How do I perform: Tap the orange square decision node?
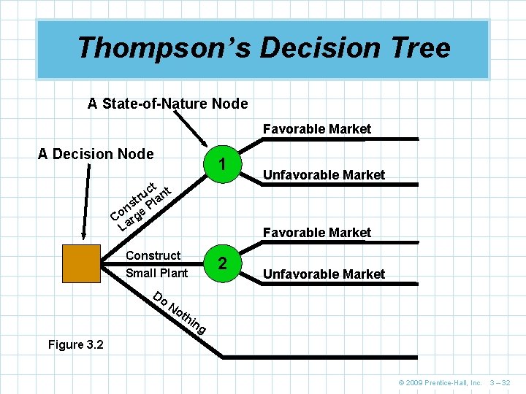[81, 263]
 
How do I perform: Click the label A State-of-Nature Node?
[167, 104]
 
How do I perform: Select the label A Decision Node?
[96, 154]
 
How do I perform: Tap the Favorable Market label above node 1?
[317, 129]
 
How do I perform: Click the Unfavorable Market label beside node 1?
[324, 175]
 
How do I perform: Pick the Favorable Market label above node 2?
[317, 233]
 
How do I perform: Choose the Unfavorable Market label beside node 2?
[324, 274]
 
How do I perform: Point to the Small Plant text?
[156, 274]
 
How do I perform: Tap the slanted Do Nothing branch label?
[180, 313]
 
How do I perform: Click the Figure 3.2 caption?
[75, 344]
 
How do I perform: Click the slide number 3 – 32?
[500, 383]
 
